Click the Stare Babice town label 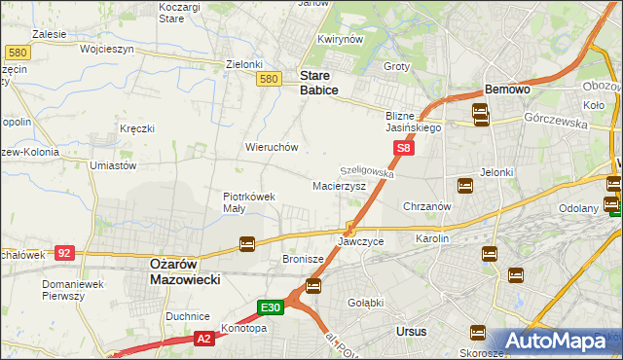click(x=318, y=82)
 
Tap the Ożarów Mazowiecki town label click(x=185, y=270)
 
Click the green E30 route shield click(x=271, y=307)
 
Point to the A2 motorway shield click(x=203, y=338)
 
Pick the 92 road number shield click(x=64, y=252)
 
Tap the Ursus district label click(x=412, y=332)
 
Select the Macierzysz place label click(x=339, y=185)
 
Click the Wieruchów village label click(x=272, y=147)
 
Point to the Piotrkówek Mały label click(x=249, y=201)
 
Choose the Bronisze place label click(x=303, y=260)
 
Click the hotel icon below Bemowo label click(x=481, y=115)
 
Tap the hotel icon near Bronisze click(x=313, y=285)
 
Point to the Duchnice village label click(x=188, y=316)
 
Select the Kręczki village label click(x=137, y=128)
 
